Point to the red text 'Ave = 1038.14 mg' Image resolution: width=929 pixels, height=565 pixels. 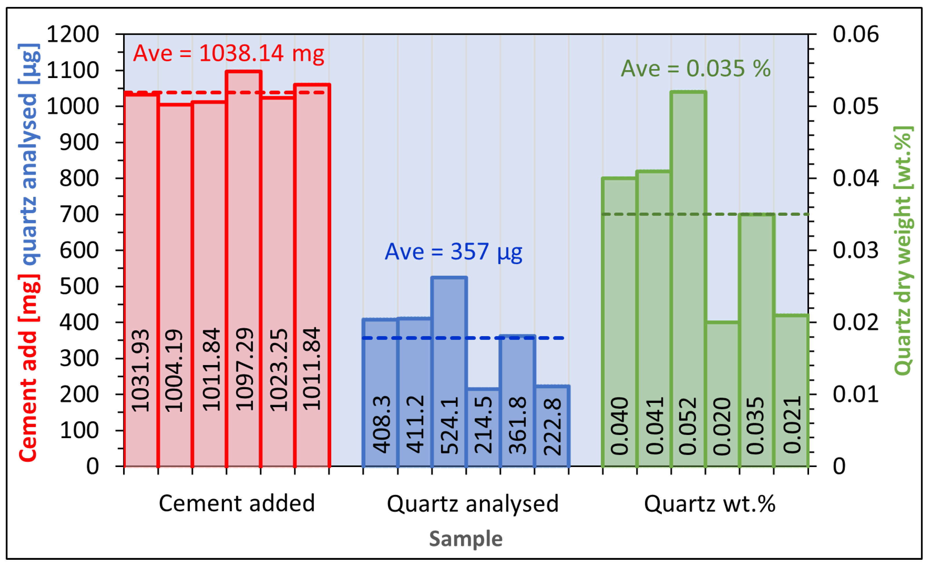click(x=228, y=53)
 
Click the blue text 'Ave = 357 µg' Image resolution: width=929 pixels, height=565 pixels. click(x=453, y=251)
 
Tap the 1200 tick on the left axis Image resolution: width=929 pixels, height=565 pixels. click(x=72, y=34)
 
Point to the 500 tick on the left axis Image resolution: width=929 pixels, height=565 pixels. click(x=79, y=286)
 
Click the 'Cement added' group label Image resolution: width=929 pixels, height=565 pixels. click(x=237, y=503)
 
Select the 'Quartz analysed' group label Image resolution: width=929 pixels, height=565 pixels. click(x=472, y=504)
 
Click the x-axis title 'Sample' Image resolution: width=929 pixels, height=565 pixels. click(x=466, y=539)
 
